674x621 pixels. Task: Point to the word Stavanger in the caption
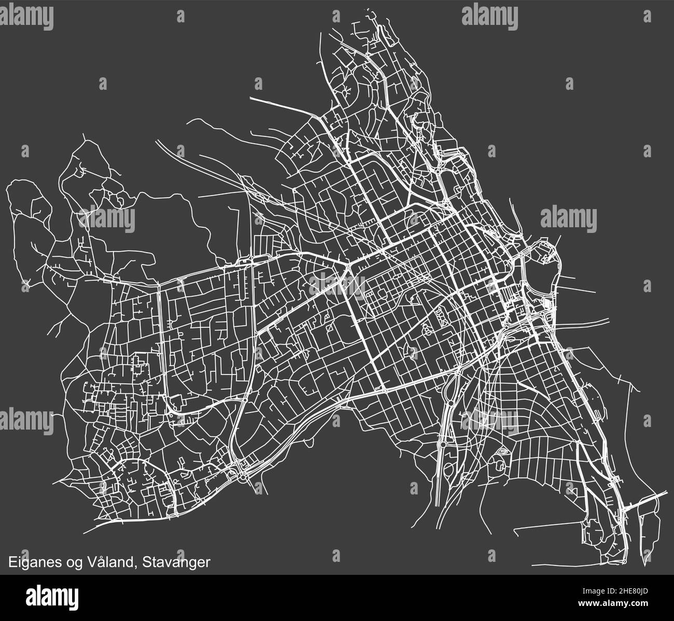point(176,562)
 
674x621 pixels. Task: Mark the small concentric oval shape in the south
point(502,452)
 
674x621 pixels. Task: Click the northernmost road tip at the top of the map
point(369,10)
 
